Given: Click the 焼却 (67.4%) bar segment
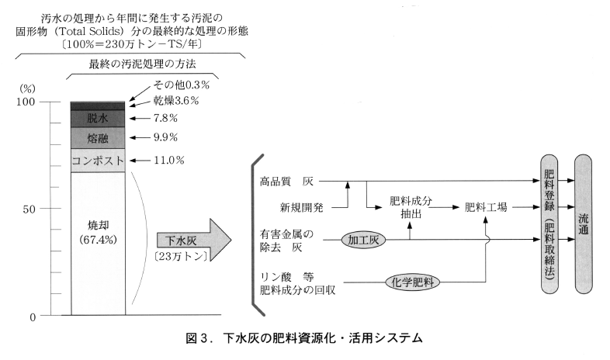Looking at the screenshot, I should coord(97,233).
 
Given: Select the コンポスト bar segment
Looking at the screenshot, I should coord(97,161).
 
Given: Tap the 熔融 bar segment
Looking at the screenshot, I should coord(97,138).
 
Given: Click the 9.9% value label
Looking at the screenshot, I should coord(165,138).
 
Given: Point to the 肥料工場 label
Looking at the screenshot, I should coord(486,207).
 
